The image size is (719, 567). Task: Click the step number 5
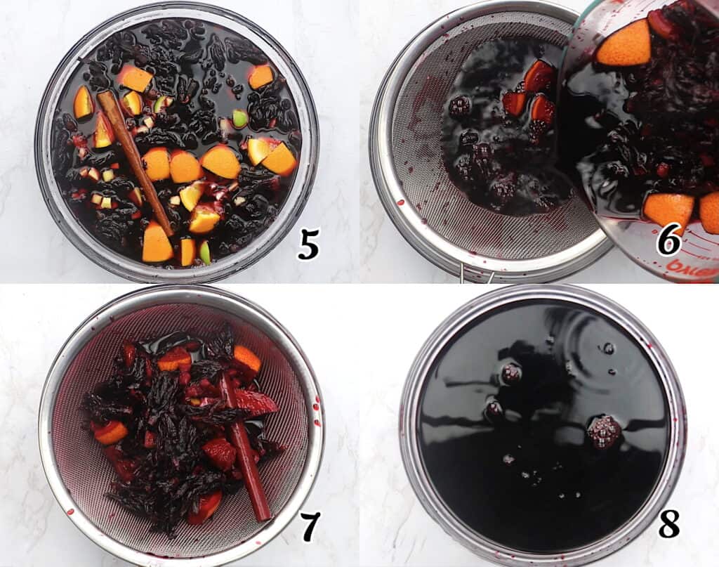pyautogui.click(x=308, y=243)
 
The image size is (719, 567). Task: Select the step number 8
pyautogui.click(x=668, y=523)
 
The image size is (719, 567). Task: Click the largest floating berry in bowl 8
pyautogui.click(x=603, y=430)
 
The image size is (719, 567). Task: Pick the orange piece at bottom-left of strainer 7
pyautogui.click(x=111, y=432)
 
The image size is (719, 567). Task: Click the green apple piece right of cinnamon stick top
pyautogui.click(x=240, y=118)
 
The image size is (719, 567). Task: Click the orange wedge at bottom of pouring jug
pyautogui.click(x=668, y=209)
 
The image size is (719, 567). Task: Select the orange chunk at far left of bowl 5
pyautogui.click(x=83, y=104)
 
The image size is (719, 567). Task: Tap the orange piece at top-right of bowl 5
pyautogui.click(x=261, y=76)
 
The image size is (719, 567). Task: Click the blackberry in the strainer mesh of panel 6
pyautogui.click(x=460, y=107)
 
